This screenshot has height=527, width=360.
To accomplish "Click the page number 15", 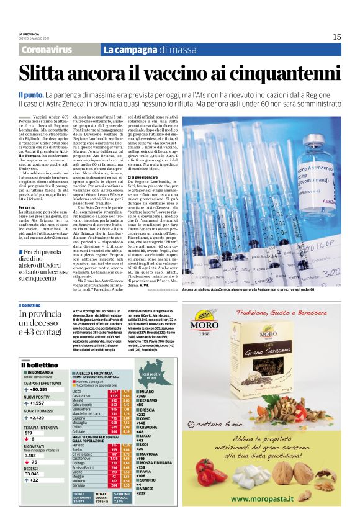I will (336, 37).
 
